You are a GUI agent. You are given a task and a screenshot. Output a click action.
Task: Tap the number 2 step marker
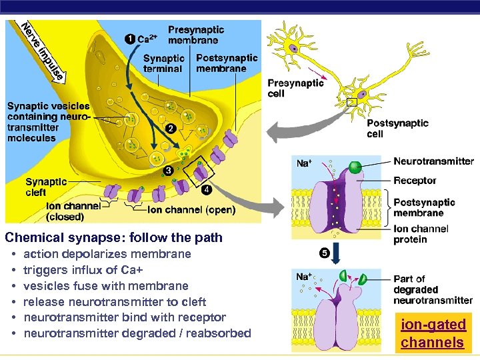click(171, 128)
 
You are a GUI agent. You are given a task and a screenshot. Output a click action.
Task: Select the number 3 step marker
click(169, 171)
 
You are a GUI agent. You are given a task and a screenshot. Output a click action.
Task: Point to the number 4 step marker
click(207, 190)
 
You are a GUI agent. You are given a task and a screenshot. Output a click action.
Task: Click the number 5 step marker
click(324, 253)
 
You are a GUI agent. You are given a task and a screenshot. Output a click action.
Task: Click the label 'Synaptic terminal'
click(163, 63)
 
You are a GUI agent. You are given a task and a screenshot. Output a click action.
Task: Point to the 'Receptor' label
click(415, 181)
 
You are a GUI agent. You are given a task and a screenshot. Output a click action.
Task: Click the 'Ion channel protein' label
click(420, 234)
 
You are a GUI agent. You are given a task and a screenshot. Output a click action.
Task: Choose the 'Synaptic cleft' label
click(46, 187)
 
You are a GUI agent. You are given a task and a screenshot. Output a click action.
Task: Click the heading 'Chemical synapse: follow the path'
click(113, 237)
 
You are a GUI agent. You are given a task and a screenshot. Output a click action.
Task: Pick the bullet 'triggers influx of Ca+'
click(83, 270)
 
